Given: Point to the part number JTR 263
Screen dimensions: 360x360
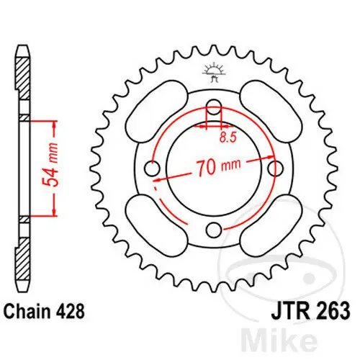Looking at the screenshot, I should [307, 312].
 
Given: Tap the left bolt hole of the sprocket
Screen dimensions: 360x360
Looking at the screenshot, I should [153, 168].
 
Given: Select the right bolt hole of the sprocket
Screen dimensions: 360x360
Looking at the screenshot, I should [274, 168].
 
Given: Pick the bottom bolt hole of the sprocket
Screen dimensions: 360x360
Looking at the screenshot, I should [214, 230].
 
